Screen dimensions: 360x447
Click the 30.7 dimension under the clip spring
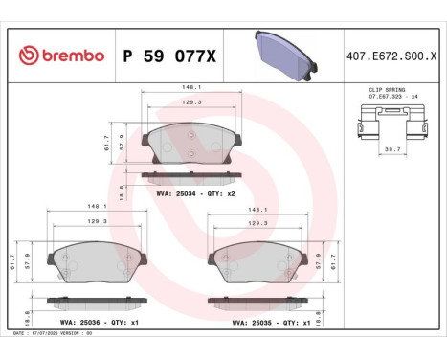[391, 148]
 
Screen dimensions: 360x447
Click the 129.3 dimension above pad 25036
[97, 221]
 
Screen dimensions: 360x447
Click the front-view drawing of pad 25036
[96, 259]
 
